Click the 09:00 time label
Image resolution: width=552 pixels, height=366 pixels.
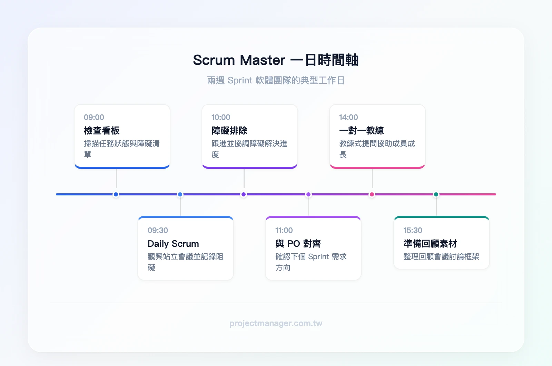pos(94,117)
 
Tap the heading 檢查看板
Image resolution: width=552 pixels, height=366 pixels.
pos(102,131)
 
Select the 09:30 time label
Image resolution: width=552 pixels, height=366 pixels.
pos(158,230)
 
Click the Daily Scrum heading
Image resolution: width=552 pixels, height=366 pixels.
pos(173,244)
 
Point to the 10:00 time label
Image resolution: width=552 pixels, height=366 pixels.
pos(221,117)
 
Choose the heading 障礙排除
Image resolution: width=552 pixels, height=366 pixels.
pos(229,131)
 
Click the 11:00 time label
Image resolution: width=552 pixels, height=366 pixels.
pos(284,230)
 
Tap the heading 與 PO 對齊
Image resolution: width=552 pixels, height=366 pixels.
pos(298,244)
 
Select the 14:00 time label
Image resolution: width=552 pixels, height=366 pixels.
pos(348,117)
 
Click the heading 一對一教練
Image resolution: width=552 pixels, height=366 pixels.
pos(362,131)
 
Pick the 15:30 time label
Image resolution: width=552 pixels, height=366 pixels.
pos(413,230)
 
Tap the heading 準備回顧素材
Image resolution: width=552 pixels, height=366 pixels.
pos(430,244)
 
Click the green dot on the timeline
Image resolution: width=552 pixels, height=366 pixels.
pos(436,194)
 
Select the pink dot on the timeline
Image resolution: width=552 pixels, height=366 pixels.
pos(372,194)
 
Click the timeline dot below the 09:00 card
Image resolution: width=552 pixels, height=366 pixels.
pos(116,194)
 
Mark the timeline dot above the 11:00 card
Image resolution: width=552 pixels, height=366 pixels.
pos(308,194)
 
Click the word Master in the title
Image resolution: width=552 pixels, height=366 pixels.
pos(263,60)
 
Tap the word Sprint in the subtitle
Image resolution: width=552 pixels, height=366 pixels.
pos(240,80)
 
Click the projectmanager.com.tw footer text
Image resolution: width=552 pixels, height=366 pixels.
pos(276,323)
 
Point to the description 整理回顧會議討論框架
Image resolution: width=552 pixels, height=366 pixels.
pos(441,256)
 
